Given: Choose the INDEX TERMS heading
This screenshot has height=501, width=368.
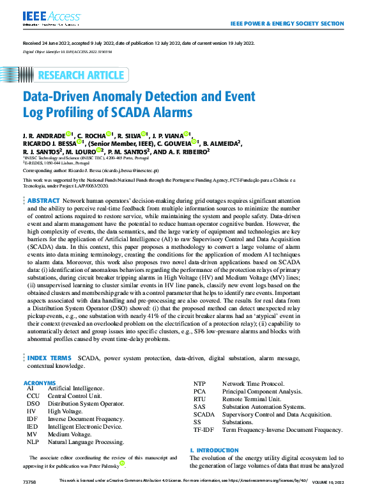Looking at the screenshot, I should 49,358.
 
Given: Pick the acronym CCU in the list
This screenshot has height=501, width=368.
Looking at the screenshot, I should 33,397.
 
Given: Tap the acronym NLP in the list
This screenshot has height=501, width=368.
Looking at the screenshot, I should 33,441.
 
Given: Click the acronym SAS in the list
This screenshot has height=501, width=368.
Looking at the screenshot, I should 199,406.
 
